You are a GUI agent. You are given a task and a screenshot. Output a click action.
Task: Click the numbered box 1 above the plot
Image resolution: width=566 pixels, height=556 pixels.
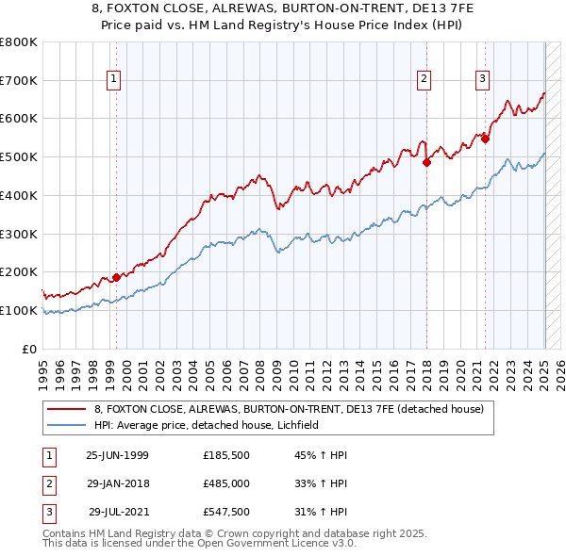click(x=113, y=80)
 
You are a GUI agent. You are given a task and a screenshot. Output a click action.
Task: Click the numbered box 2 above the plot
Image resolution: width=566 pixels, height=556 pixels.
click(x=424, y=80)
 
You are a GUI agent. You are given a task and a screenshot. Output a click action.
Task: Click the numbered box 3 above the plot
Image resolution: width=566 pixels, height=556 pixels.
click(x=482, y=80)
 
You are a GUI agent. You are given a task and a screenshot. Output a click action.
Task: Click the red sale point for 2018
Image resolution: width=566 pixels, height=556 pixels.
click(x=426, y=162)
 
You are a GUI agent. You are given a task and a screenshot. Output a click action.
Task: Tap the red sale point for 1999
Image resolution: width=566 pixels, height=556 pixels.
click(x=117, y=277)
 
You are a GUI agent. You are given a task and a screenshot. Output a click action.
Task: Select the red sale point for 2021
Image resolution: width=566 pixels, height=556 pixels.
click(x=486, y=139)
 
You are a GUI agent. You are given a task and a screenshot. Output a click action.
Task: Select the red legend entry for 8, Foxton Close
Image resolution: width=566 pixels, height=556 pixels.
click(x=289, y=409)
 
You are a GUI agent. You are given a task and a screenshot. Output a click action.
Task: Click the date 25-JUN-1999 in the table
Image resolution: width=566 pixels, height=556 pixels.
click(x=117, y=455)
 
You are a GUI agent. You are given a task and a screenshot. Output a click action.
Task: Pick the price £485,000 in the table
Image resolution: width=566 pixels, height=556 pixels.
click(x=226, y=484)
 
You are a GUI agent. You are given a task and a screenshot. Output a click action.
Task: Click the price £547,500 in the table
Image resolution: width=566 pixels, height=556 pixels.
click(x=226, y=514)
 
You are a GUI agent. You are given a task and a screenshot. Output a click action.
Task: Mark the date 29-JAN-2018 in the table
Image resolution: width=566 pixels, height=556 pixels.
click(x=117, y=484)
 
